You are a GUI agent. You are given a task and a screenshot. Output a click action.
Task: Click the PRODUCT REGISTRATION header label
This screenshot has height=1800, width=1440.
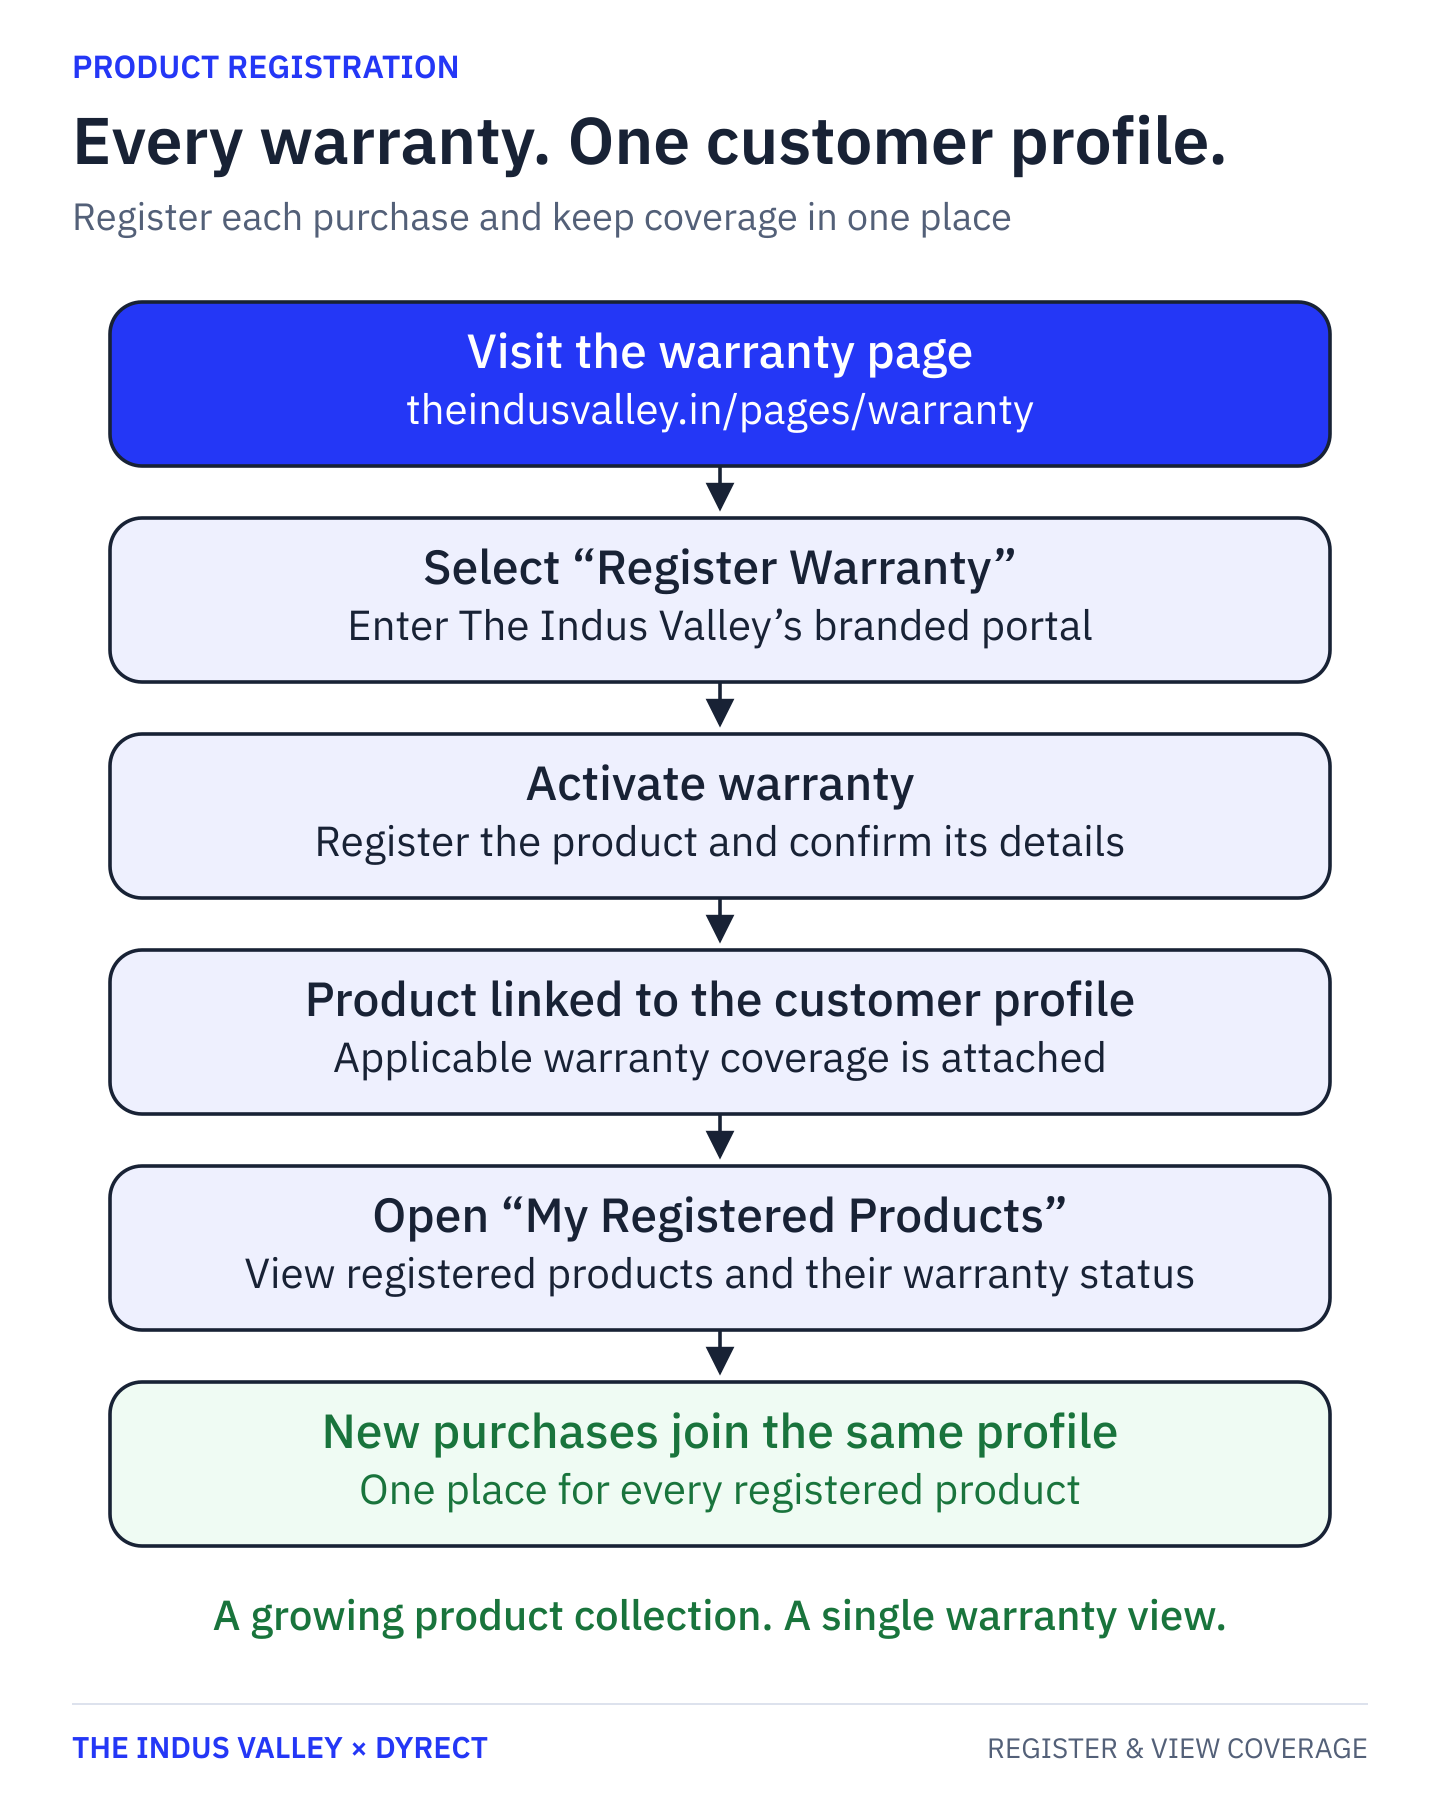tap(266, 67)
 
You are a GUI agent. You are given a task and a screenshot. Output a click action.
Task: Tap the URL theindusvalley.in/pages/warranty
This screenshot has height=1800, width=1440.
tap(720, 410)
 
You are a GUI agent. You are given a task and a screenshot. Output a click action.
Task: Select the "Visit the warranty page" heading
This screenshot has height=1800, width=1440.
tap(720, 352)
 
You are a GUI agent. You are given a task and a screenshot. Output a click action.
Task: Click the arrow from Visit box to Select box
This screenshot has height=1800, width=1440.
tap(720, 490)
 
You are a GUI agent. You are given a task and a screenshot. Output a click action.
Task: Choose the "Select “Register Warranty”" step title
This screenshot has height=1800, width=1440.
tap(720, 568)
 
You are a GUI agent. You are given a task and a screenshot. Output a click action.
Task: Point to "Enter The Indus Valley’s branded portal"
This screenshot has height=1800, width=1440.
tap(720, 626)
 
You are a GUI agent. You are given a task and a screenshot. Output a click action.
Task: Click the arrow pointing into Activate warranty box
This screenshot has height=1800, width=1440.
tap(720, 706)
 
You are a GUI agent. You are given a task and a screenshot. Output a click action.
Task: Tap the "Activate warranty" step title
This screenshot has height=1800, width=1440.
tap(720, 784)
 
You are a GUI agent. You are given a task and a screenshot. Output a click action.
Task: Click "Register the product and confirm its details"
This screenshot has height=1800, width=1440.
tap(720, 842)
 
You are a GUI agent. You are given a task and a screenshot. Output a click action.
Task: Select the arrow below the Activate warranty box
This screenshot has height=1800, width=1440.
tap(720, 922)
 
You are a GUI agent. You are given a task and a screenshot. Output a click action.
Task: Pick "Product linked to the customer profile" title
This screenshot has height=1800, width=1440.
tap(720, 1000)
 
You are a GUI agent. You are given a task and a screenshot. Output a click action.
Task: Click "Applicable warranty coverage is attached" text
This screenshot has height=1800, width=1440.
tap(720, 1058)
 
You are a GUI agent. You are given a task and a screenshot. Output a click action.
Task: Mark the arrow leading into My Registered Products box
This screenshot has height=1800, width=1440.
tap(720, 1138)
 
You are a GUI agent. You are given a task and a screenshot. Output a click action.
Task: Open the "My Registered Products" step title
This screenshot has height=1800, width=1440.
tap(720, 1216)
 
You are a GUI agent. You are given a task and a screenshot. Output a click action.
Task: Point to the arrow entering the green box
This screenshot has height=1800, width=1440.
tap(720, 1354)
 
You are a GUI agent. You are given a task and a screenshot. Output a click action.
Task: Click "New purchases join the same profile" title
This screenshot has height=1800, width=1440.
tap(720, 1432)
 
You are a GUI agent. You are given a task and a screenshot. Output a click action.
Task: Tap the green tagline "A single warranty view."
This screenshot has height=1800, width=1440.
tap(1005, 1616)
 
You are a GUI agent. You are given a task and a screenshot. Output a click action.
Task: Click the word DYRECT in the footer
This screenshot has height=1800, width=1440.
tap(431, 1748)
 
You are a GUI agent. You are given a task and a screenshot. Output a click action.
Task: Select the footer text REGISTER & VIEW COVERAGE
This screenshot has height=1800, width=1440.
tap(1177, 1748)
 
